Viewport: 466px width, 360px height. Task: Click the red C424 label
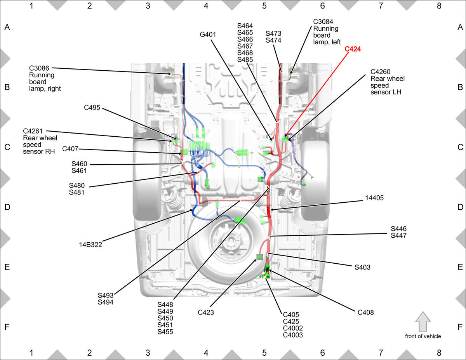point(353,49)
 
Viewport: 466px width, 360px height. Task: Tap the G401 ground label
point(208,35)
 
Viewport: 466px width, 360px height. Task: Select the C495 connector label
point(92,108)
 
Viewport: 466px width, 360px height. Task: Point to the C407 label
point(70,149)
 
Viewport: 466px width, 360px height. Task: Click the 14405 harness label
point(374,198)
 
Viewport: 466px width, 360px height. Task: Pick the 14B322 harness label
point(90,245)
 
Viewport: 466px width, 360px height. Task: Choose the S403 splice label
point(362,267)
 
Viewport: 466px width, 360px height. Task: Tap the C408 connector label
point(366,312)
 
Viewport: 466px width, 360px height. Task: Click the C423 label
point(206,312)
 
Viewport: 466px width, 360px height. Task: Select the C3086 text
point(39,68)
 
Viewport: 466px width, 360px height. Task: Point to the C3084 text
point(323,22)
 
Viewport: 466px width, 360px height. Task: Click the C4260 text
point(381,71)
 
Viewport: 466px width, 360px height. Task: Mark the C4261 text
point(33,131)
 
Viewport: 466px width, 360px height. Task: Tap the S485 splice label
point(245,59)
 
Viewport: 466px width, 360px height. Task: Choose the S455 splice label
point(165,332)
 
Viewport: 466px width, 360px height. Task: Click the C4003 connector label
point(293,335)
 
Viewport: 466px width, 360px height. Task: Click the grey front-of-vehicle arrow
point(423,322)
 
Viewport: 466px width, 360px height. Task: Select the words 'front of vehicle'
point(423,336)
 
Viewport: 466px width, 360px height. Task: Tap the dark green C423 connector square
point(260,257)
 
